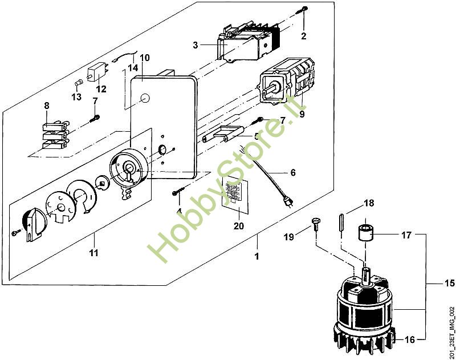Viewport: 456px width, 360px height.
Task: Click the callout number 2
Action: (x=304, y=36)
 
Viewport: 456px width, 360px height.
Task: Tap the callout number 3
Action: (x=195, y=45)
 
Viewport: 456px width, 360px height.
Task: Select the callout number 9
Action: (x=302, y=114)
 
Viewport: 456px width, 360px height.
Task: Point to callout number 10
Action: (x=144, y=58)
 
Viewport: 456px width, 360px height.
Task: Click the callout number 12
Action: (x=101, y=89)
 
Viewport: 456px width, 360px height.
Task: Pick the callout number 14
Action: (x=133, y=67)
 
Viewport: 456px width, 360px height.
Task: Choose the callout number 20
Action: (x=238, y=225)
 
